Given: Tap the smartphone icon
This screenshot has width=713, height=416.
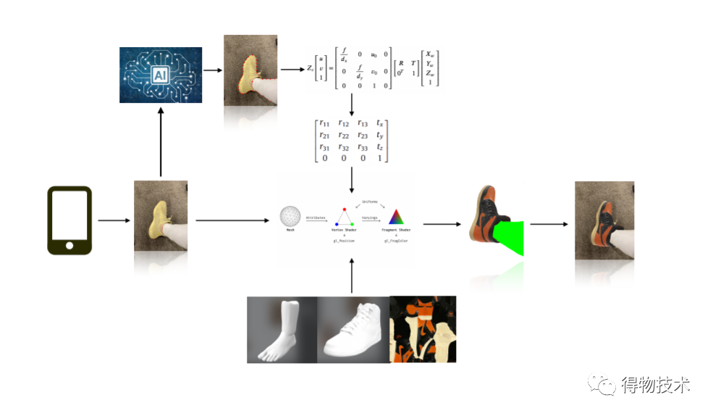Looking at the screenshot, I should point(69,220).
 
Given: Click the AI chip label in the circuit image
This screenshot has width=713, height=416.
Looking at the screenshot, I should point(161,75).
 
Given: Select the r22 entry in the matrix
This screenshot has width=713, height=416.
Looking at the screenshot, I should point(343,135).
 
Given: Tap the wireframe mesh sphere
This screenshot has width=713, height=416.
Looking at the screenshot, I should point(290,216).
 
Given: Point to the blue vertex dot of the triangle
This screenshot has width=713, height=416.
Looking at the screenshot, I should point(336,224).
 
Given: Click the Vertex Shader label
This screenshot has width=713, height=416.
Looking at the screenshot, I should point(344,230).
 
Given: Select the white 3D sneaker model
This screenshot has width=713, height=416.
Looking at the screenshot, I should point(353,330).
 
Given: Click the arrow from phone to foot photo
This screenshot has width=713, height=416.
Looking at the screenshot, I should point(112,220).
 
